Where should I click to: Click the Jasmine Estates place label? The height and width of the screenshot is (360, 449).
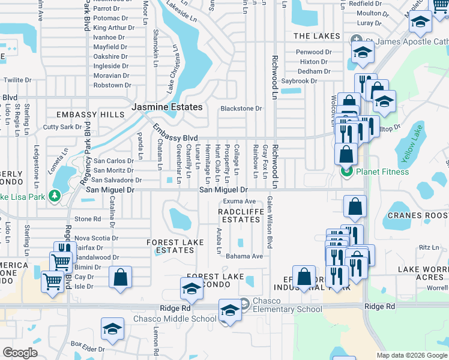[167, 107]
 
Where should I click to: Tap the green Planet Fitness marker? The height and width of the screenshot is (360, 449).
[346, 172]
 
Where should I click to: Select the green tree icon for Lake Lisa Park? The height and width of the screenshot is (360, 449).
[55, 196]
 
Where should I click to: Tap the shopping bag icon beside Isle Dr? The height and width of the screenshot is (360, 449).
[121, 277]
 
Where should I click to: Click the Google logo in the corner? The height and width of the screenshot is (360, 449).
[20, 353]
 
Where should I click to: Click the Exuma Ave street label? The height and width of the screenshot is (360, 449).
[240, 202]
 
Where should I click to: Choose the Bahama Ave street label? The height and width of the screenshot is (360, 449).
[244, 256]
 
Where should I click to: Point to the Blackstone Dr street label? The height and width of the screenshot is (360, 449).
[241, 109]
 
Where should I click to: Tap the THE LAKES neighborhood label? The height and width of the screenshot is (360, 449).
[316, 37]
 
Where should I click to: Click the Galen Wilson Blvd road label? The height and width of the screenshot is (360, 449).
[270, 223]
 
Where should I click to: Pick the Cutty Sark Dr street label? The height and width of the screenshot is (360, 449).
[62, 127]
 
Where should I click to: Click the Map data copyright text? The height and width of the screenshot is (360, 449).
[411, 355]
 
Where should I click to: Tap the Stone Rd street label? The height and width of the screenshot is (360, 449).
[88, 220]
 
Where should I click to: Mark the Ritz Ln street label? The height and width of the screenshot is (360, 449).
[429, 247]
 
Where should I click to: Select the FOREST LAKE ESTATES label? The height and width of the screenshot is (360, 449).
[171, 246]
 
